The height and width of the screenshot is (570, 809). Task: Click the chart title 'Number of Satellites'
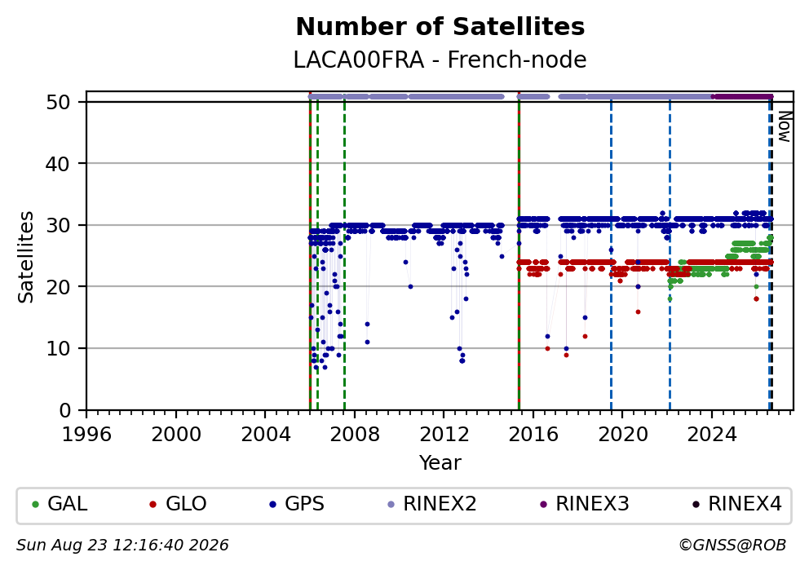(440, 27)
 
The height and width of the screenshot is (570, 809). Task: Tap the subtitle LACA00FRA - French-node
(440, 60)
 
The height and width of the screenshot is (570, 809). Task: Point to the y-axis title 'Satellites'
(25, 257)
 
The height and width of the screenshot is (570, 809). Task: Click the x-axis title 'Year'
(440, 462)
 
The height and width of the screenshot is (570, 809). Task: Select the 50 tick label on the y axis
(58, 102)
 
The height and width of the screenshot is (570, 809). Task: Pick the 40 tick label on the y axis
(58, 164)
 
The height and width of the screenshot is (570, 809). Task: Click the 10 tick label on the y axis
(58, 348)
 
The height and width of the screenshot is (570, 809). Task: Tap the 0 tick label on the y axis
(65, 410)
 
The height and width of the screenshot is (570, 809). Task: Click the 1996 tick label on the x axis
(86, 435)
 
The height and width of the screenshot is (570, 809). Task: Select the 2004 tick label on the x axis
(265, 435)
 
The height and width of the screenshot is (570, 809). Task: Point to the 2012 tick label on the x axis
(444, 435)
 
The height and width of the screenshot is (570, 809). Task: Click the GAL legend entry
(60, 504)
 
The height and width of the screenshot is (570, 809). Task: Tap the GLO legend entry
(178, 504)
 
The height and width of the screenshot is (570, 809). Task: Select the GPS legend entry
(297, 504)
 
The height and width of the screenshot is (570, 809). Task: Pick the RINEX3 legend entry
(584, 504)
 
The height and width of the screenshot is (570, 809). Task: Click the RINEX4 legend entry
(736, 504)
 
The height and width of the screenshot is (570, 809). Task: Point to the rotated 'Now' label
(785, 127)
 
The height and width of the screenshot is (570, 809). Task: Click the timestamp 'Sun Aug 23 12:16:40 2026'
(122, 546)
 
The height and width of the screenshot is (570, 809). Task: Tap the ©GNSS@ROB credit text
(732, 546)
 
